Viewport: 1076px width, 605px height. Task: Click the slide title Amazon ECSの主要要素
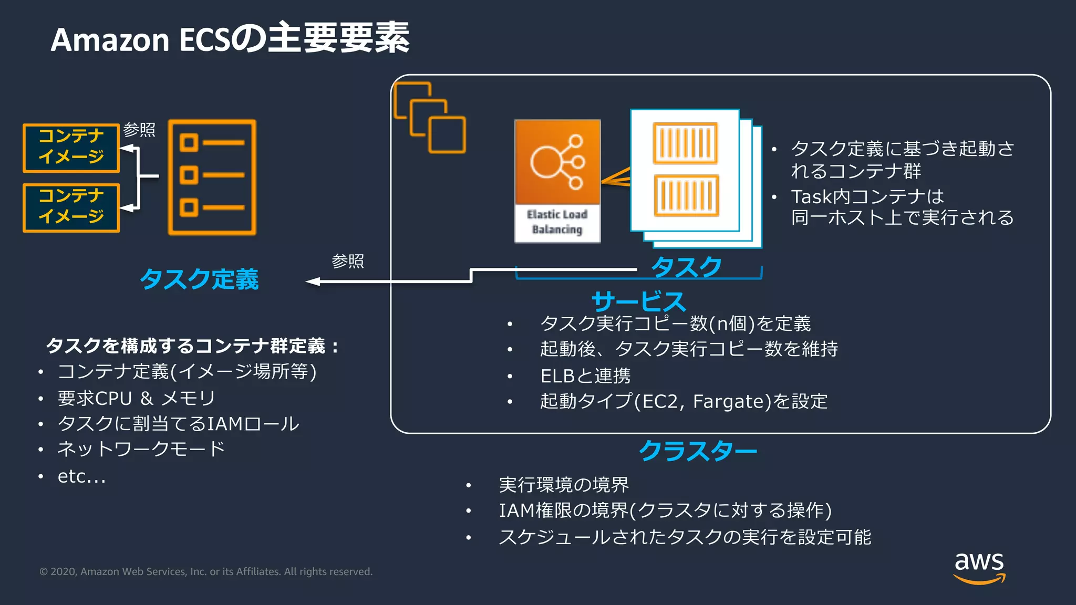pyautogui.click(x=230, y=38)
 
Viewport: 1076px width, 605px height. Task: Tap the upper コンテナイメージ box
pyautogui.click(x=71, y=148)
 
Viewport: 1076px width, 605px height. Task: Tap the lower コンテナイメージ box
pyautogui.click(x=71, y=207)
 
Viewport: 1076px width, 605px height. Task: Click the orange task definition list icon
pyautogui.click(x=212, y=177)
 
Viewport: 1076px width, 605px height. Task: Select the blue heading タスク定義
pyautogui.click(x=199, y=279)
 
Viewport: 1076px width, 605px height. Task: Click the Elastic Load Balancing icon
pyautogui.click(x=557, y=181)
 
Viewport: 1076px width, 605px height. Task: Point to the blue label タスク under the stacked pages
pyautogui.click(x=686, y=267)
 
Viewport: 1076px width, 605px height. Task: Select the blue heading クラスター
pyautogui.click(x=697, y=451)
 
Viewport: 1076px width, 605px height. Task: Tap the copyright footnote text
pyautogui.click(x=206, y=571)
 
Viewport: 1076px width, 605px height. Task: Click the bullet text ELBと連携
pyautogui.click(x=585, y=375)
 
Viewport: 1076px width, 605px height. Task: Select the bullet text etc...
pyautogui.click(x=81, y=476)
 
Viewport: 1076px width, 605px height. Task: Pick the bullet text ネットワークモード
pyautogui.click(x=141, y=449)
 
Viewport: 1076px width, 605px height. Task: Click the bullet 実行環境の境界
pyautogui.click(x=563, y=484)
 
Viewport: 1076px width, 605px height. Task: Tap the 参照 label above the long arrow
pyautogui.click(x=347, y=261)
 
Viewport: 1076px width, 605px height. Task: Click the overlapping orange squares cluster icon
pyautogui.click(x=430, y=118)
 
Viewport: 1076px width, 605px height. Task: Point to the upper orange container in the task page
pyautogui.click(x=685, y=143)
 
